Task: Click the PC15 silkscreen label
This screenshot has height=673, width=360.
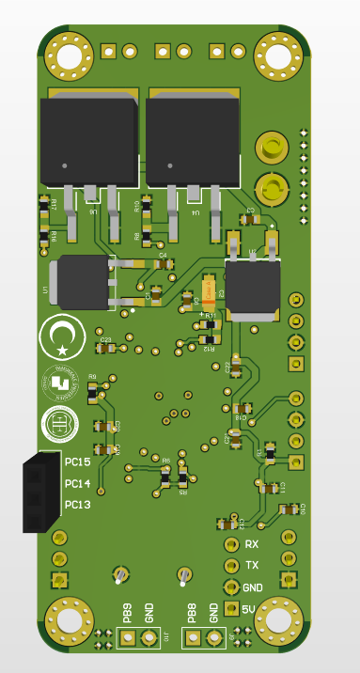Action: click(78, 462)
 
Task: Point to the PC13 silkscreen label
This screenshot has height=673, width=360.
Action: click(78, 505)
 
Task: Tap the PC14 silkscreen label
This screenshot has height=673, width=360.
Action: click(78, 484)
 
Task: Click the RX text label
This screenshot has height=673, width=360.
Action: click(252, 544)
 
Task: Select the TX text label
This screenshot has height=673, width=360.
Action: click(252, 565)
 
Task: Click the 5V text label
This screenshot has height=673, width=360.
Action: click(249, 609)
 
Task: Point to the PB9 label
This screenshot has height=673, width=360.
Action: click(127, 614)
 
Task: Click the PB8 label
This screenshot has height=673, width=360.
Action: click(192, 614)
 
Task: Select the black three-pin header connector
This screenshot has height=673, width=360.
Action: click(41, 493)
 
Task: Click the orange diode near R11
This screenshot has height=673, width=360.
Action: click(211, 292)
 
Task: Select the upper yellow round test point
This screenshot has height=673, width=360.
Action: click(272, 147)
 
